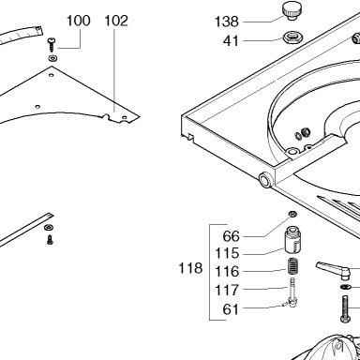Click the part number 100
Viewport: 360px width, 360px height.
[x=79, y=21]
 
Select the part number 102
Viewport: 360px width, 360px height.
[x=116, y=21]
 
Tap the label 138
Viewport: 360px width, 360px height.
[x=227, y=22]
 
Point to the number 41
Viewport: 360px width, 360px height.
[x=231, y=41]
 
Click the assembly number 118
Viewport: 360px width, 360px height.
[x=190, y=268]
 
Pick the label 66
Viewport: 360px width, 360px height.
[x=231, y=236]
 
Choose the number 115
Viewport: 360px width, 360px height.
[x=227, y=253]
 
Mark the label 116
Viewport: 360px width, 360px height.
[x=227, y=271]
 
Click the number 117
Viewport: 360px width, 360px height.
[x=227, y=291]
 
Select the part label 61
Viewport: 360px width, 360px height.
[x=231, y=309]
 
